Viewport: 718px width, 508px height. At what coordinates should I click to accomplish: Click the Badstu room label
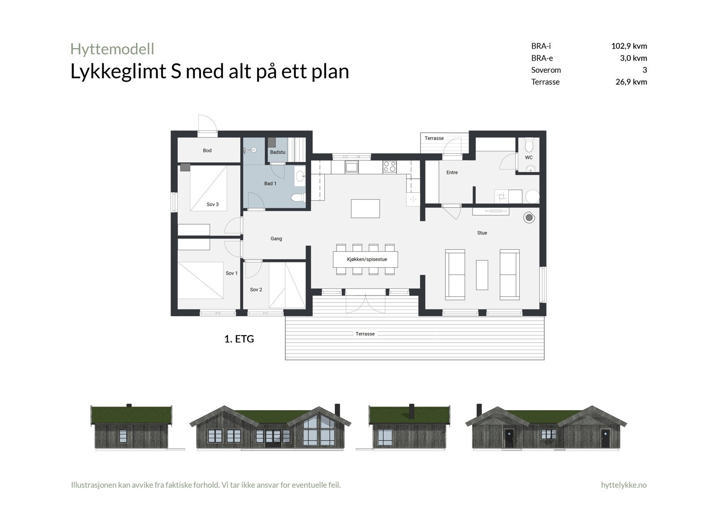[x=277, y=152]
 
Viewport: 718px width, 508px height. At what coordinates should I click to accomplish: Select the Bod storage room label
[x=207, y=150]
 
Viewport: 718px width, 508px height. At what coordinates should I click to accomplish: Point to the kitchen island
[x=365, y=208]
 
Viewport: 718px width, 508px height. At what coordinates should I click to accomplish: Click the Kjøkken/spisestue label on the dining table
[x=367, y=260]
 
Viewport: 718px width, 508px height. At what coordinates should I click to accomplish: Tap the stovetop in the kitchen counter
[x=390, y=167]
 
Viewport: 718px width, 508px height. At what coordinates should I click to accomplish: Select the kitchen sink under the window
[x=351, y=167]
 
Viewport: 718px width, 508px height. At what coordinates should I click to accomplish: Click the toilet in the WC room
[x=529, y=146]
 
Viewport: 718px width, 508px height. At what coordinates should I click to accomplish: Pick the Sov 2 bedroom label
[x=256, y=290]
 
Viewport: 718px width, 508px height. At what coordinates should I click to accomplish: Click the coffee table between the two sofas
[x=482, y=274]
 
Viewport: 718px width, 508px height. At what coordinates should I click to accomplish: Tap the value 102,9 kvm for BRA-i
[x=629, y=46]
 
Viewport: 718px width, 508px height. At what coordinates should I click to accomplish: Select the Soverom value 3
[x=644, y=70]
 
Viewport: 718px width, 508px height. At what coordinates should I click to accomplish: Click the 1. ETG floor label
[x=239, y=339]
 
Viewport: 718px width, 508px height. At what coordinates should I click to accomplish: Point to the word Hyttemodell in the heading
[x=112, y=49]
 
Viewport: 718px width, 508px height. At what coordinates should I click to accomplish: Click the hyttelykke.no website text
[x=623, y=485]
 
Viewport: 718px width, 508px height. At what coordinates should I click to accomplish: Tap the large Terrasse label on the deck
[x=365, y=334]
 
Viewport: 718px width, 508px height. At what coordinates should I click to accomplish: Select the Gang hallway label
[x=276, y=239]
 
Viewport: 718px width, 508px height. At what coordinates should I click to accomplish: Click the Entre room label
[x=452, y=172]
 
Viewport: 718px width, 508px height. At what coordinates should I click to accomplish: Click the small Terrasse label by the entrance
[x=434, y=138]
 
